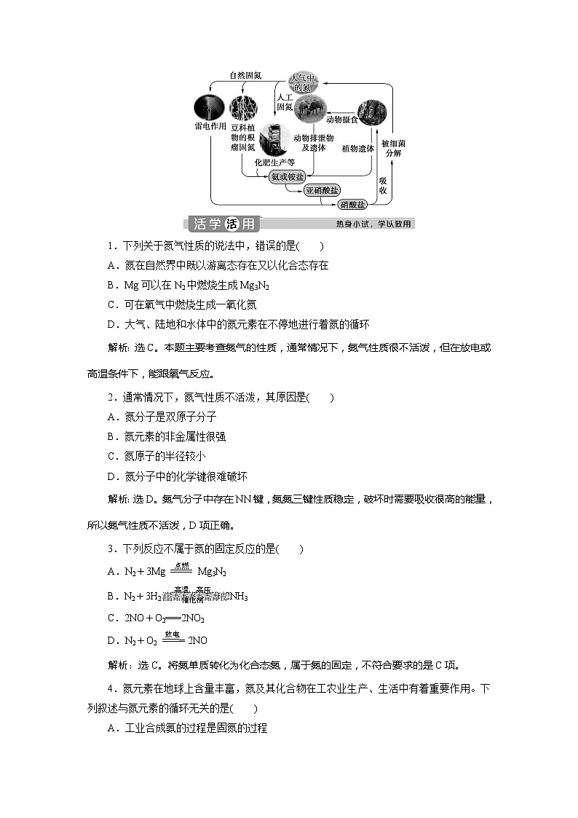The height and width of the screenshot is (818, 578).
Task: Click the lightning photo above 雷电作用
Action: pos(209,109)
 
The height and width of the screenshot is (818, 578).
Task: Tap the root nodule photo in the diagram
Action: pos(243,109)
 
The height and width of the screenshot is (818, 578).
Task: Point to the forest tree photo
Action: pos(371,114)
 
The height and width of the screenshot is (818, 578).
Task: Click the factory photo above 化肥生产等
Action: pos(271,139)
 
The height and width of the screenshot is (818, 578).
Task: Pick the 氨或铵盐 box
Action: pos(288,177)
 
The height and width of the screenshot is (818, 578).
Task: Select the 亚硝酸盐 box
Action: pos(322,190)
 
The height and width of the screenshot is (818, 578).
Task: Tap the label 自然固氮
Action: pos(245,75)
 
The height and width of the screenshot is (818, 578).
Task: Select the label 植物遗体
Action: pos(358,148)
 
